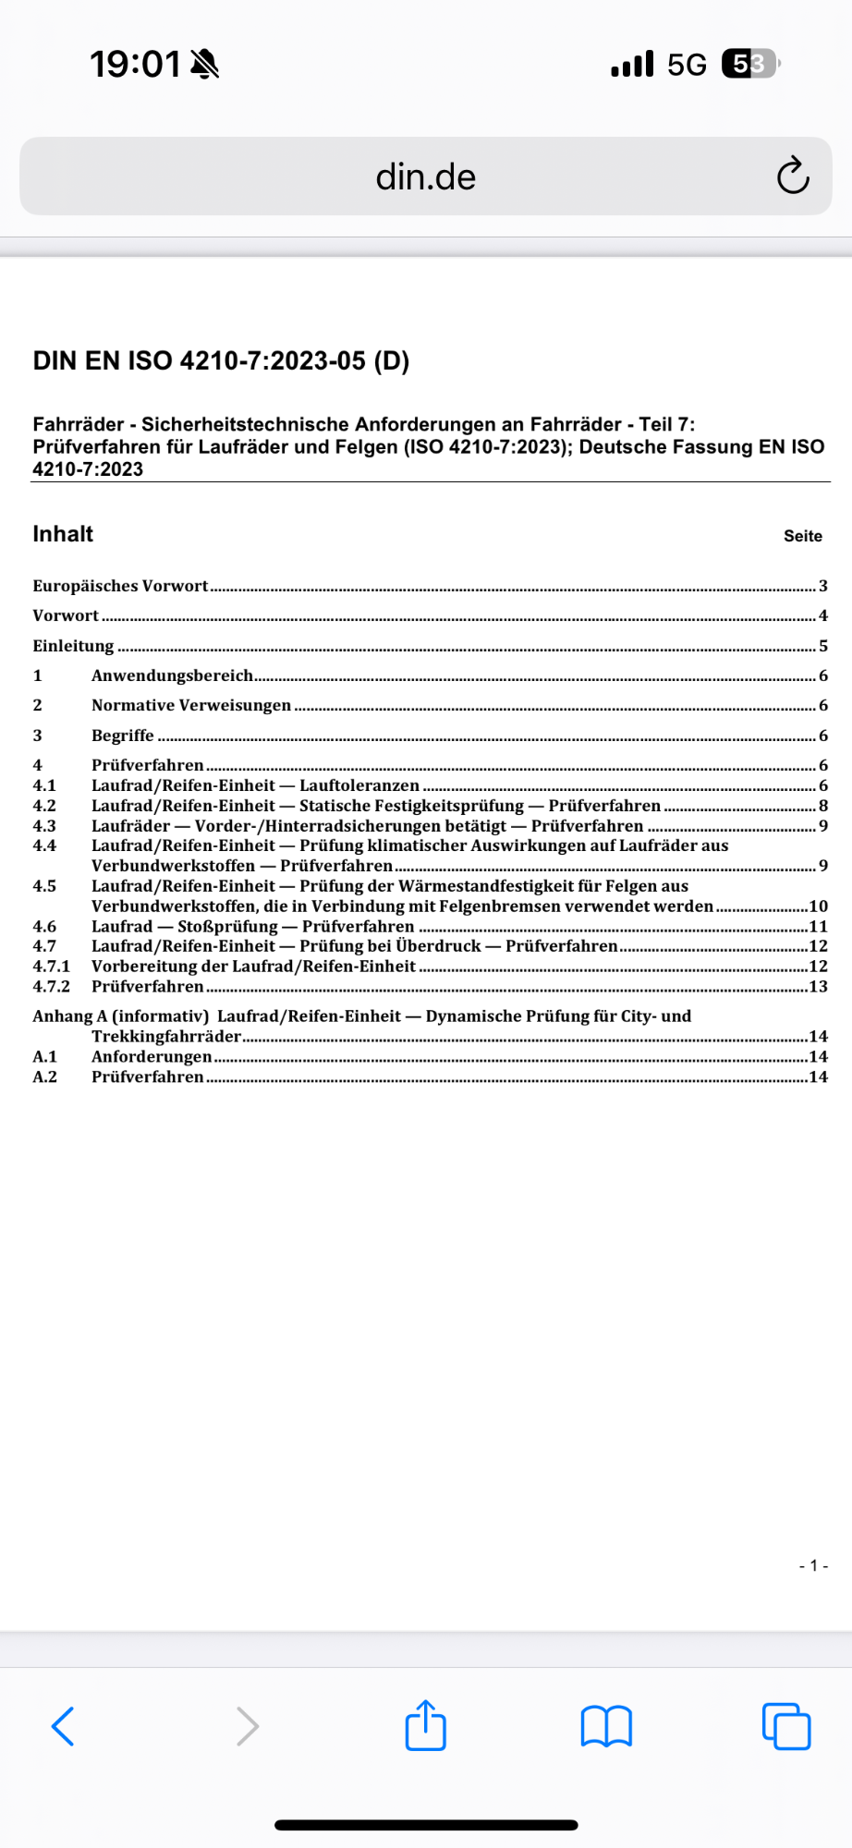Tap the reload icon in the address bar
click(x=793, y=176)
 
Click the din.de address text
click(x=426, y=176)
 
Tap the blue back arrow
click(x=63, y=1726)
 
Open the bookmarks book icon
click(x=606, y=1726)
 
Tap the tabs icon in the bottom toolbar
click(x=786, y=1726)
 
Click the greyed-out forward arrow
click(x=247, y=1726)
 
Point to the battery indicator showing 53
click(x=750, y=64)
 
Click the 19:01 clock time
click(x=135, y=64)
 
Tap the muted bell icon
click(x=204, y=64)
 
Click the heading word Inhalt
click(x=63, y=534)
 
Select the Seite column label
click(x=803, y=536)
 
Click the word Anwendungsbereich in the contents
click(x=172, y=675)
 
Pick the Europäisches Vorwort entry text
click(x=120, y=586)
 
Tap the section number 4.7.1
click(x=51, y=967)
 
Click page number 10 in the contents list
click(x=818, y=906)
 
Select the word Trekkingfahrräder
click(x=166, y=1037)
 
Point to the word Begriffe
click(x=123, y=736)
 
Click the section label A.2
click(x=44, y=1077)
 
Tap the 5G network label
click(x=687, y=64)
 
